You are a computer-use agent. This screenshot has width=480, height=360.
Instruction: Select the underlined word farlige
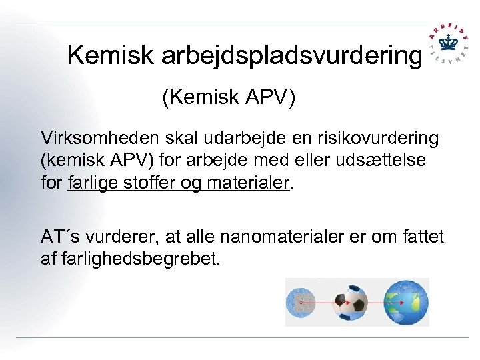[x=91, y=183]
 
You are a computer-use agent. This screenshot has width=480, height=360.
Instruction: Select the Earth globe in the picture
[x=405, y=302]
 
